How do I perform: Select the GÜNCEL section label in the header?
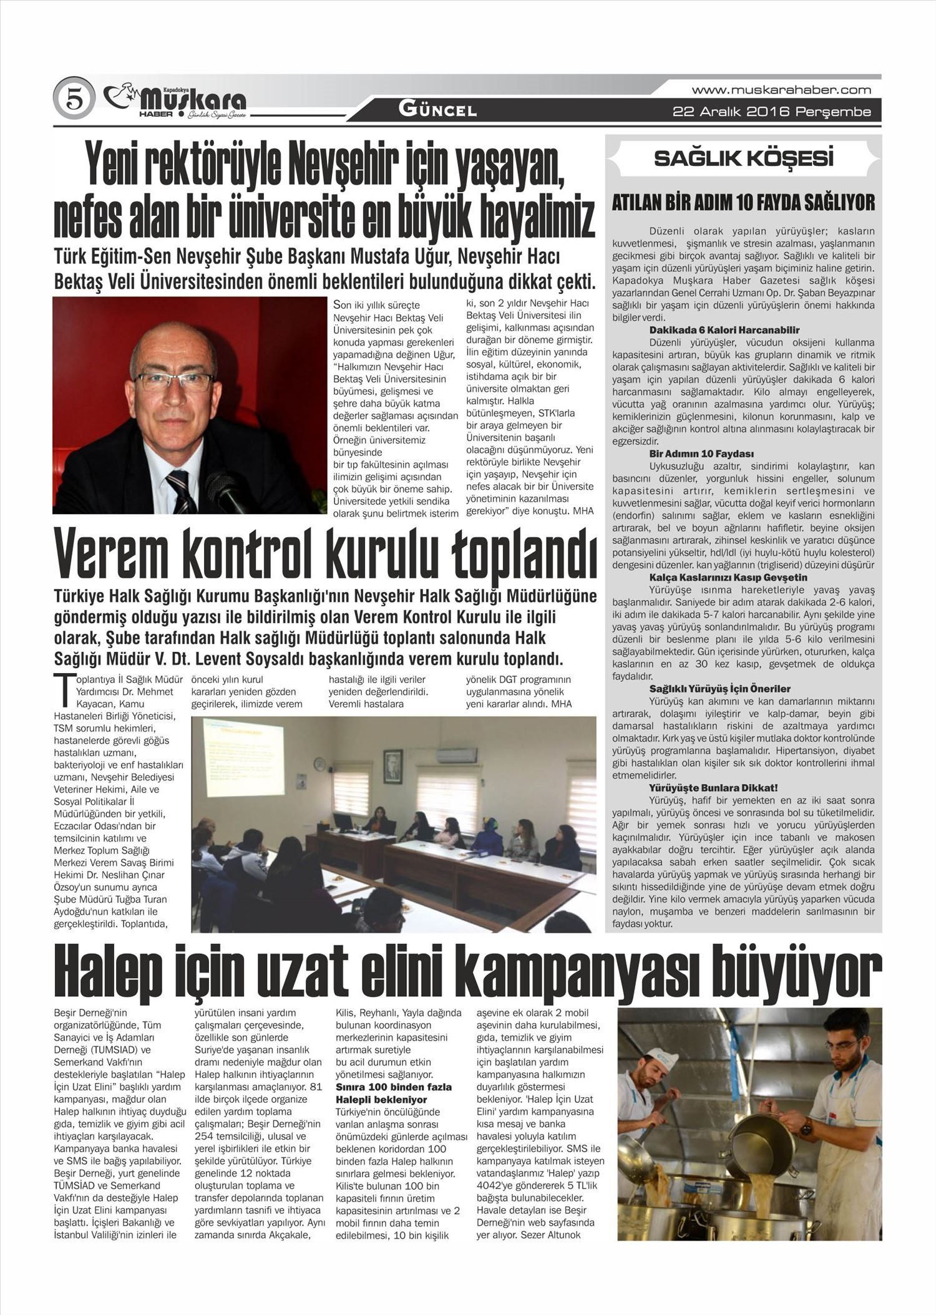coord(438,111)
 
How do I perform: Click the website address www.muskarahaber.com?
coord(781,90)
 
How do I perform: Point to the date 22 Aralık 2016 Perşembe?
coord(771,112)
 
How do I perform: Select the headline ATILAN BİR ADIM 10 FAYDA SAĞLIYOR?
coord(743,203)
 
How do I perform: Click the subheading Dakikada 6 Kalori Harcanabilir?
coord(724,330)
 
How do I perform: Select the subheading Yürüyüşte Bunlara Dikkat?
coord(713,788)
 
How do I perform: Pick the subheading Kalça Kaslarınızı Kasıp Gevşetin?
coord(728,577)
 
